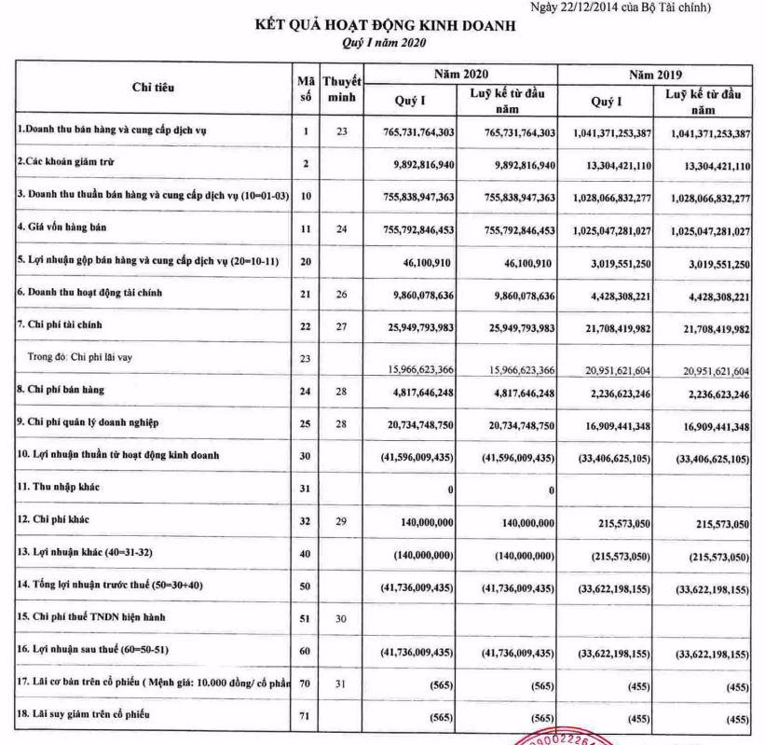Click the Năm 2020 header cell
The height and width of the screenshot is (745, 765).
click(460, 74)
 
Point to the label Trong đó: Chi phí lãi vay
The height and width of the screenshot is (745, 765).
click(85, 355)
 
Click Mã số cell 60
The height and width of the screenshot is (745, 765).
click(306, 649)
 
